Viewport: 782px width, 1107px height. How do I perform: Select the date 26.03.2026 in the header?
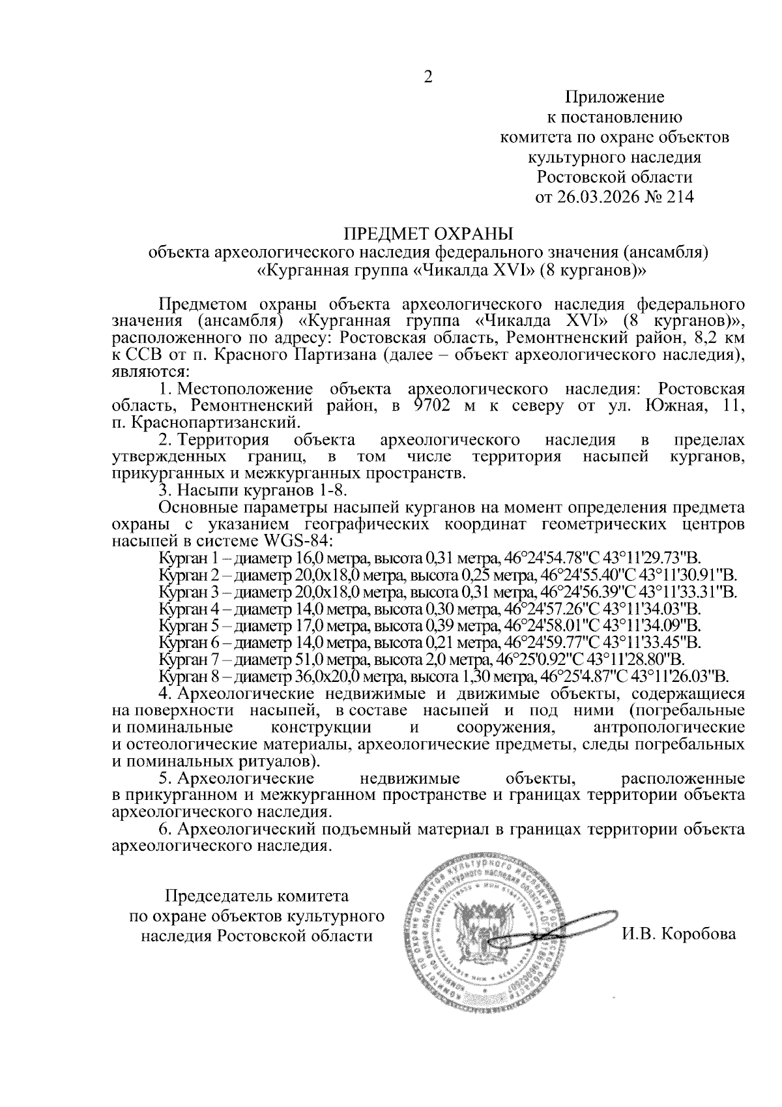point(589,197)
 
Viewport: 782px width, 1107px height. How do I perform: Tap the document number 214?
point(678,197)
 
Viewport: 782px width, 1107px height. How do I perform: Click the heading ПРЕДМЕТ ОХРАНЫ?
point(428,233)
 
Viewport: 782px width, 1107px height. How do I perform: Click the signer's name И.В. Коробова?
point(678,935)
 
